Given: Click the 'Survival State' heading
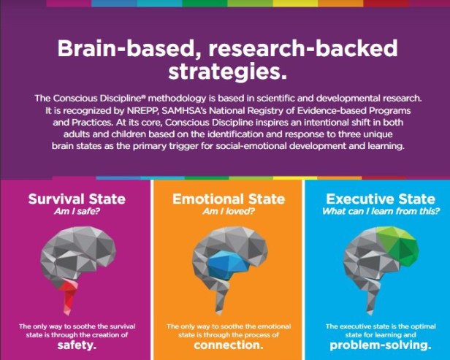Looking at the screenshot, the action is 77,199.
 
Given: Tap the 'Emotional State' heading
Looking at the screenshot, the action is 229,199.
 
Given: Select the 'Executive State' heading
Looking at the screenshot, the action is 381,199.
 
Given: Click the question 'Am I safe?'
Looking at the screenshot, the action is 77,212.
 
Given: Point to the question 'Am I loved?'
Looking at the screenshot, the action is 229,212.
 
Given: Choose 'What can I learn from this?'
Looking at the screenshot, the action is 381,212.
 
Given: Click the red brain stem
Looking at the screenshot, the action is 69,296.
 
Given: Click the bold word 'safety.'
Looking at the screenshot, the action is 77,345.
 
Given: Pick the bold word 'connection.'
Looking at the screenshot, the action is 229,345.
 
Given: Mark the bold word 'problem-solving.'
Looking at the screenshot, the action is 381,345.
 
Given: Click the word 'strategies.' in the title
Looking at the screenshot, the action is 227,72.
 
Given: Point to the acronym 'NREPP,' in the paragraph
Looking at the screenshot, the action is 142,111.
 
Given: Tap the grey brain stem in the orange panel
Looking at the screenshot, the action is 224,299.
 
